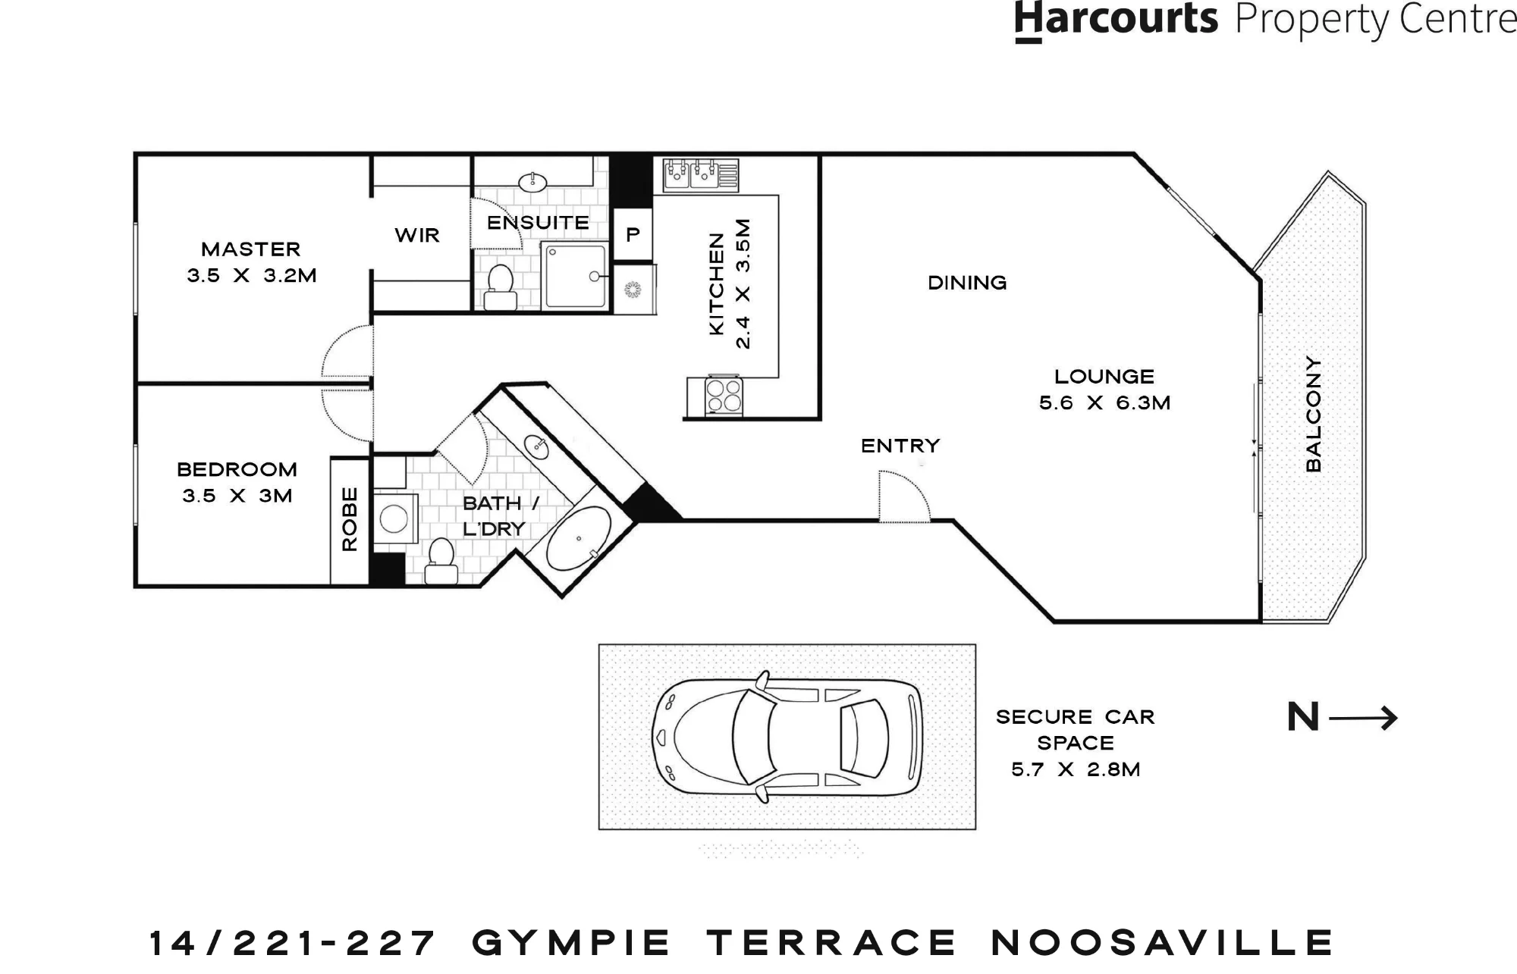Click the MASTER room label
tap(251, 249)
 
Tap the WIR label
tap(417, 235)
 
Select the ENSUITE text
tap(538, 223)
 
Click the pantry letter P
tap(633, 235)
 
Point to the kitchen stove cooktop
tap(724, 396)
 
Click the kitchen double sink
tap(701, 174)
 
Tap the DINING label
tap(967, 283)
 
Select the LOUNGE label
tap(1104, 377)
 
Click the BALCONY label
tap(1313, 414)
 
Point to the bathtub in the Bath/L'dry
tap(579, 538)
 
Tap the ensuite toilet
tap(500, 287)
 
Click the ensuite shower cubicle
tap(576, 276)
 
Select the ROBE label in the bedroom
tap(349, 518)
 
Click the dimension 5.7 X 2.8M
tap(1076, 770)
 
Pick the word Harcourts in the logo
tap(1116, 20)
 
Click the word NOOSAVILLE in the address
tap(1163, 943)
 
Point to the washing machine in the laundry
tap(394, 518)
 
